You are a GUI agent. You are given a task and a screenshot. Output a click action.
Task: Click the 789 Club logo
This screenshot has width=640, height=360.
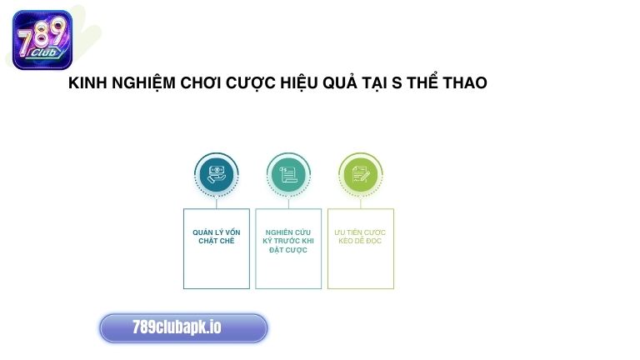tap(42, 39)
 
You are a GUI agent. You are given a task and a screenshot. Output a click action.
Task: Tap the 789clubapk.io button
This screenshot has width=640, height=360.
tap(183, 327)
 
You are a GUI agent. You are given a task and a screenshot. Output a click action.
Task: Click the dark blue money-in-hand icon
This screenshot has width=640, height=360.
tap(216, 174)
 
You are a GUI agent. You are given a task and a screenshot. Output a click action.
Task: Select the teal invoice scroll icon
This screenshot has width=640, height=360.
tap(287, 174)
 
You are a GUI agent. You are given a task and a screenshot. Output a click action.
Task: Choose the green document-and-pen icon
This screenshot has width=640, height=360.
tap(360, 174)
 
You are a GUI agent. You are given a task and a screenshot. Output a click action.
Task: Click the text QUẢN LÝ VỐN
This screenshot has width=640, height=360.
tap(216, 232)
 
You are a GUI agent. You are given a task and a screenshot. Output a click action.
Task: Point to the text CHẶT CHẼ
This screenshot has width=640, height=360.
tap(216, 241)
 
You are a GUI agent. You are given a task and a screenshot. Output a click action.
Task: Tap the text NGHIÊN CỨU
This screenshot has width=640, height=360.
tap(287, 232)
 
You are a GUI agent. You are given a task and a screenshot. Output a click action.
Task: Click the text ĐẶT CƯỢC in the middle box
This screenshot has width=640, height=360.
tap(287, 250)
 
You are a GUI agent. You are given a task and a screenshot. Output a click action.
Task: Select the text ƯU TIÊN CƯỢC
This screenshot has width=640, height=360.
tap(360, 232)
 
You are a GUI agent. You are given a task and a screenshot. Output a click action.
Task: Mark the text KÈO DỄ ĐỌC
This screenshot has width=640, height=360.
tap(360, 241)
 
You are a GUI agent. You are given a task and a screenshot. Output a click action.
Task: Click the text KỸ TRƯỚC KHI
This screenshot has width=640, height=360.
tap(287, 241)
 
